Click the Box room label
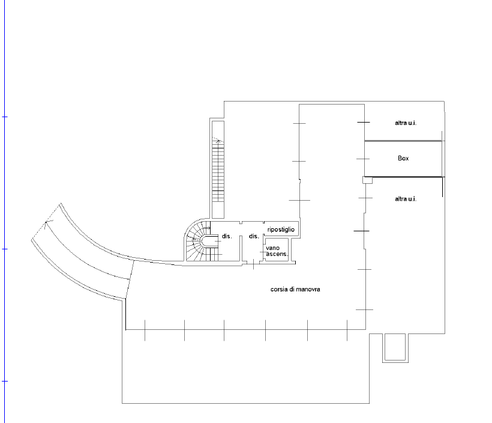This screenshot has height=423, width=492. tap(403, 158)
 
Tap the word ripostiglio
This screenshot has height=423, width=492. tap(281, 230)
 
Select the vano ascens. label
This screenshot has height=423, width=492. tap(277, 251)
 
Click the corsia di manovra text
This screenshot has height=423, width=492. tap(295, 289)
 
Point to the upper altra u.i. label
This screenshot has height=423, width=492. tap(406, 123)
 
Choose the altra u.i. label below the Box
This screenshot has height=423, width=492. tap(406, 199)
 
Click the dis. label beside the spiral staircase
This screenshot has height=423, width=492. tap(227, 236)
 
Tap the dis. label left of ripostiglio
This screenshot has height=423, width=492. tap(254, 236)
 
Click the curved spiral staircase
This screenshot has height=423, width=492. tap(197, 240)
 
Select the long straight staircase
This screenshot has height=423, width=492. tap(218, 169)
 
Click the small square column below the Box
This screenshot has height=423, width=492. tap(367, 180)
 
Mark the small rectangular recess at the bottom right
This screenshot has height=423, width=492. tap(395, 348)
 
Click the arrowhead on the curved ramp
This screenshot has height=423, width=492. tap(47, 223)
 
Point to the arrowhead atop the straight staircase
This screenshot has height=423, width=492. tap(218, 140)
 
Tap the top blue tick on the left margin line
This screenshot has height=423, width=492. tap(4, 117)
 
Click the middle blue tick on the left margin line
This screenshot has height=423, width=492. tap(4, 249)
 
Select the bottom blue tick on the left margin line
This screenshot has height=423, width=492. tap(4, 382)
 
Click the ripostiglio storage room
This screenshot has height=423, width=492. tap(281, 230)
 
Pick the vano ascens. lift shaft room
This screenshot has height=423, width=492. tap(277, 250)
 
